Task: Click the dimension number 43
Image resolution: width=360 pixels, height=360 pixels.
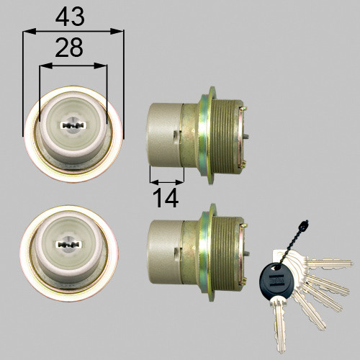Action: tap(70, 17)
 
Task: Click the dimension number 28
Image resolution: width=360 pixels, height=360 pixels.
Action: tap(69, 48)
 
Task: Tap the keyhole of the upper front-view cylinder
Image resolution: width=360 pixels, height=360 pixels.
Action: tap(73, 125)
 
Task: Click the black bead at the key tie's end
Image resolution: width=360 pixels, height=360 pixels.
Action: tap(304, 224)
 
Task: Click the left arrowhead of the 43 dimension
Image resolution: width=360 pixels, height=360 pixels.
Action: tap(30, 31)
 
